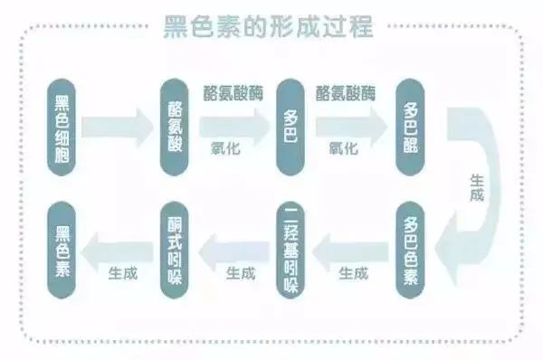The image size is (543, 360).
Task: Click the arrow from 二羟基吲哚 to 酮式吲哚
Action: coord(233,246)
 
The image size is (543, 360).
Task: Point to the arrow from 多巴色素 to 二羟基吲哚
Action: coord(350,246)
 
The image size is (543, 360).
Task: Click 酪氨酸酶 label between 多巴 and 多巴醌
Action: coord(347,94)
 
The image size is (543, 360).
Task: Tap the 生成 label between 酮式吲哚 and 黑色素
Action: coord(123,271)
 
